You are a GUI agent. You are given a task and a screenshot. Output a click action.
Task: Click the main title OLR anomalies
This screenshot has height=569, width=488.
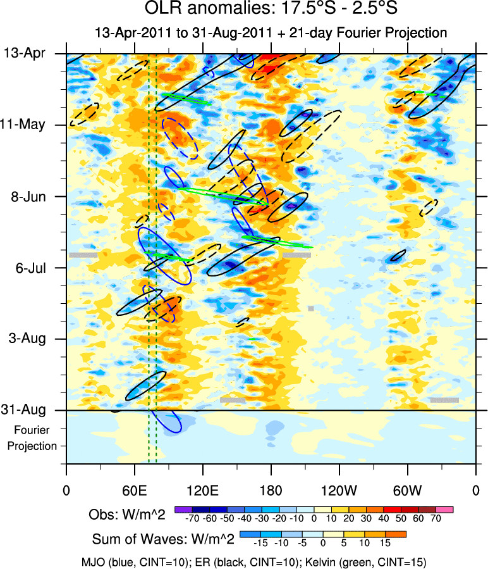(x=271, y=10)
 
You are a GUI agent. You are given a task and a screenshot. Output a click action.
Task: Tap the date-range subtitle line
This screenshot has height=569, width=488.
(x=271, y=33)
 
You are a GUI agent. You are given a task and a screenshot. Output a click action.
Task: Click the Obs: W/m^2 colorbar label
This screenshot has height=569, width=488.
(x=126, y=515)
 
